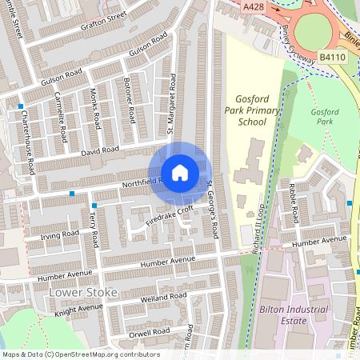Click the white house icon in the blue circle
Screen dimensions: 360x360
point(180,173)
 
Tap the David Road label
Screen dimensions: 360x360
point(100,150)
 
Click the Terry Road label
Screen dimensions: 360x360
point(94,229)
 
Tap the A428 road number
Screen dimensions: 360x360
point(253,6)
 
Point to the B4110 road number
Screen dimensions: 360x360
point(333,58)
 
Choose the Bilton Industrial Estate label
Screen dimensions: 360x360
point(294,314)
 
